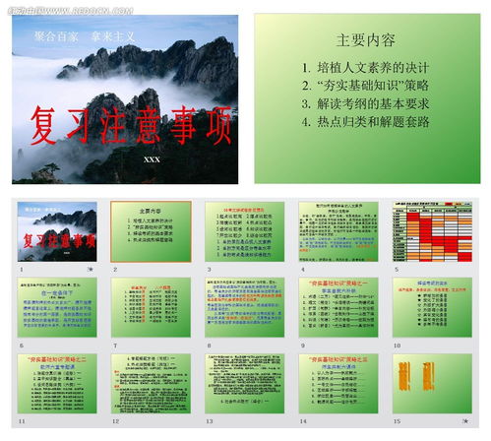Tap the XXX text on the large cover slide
(x=151, y=159)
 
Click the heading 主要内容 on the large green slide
(x=365, y=41)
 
